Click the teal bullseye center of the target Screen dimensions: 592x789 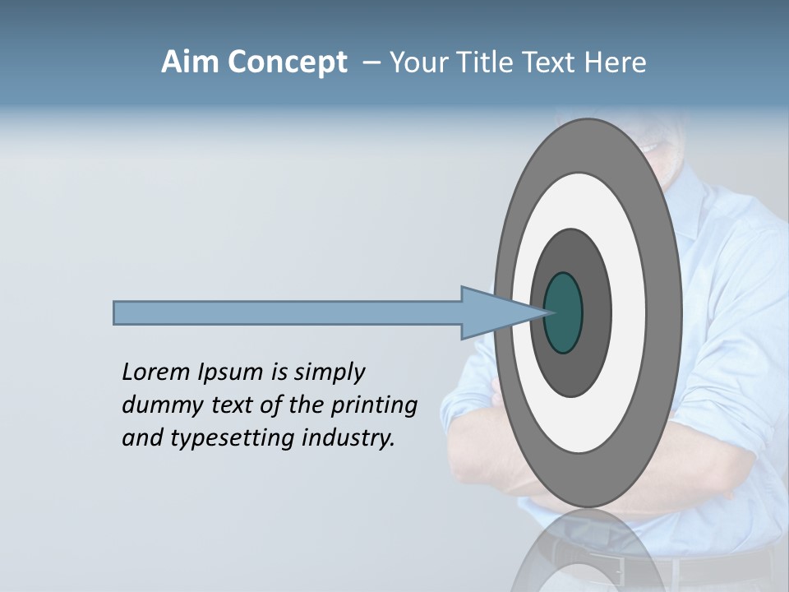coord(564,312)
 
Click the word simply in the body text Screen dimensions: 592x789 coord(329,373)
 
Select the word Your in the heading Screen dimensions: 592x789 coord(418,62)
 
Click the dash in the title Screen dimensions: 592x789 coord(371,62)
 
